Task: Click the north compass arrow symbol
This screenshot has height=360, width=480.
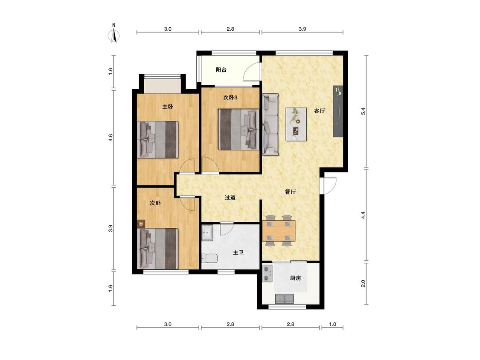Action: pyautogui.click(x=114, y=34)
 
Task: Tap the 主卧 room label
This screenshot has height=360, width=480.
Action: pyautogui.click(x=168, y=107)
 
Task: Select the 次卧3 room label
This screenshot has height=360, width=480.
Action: pyautogui.click(x=230, y=98)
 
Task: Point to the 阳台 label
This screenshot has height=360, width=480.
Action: pyautogui.click(x=221, y=70)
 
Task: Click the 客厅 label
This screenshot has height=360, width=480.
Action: pyautogui.click(x=319, y=111)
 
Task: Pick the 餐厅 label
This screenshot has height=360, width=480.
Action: pyautogui.click(x=290, y=192)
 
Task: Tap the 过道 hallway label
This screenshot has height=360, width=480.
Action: pyautogui.click(x=230, y=197)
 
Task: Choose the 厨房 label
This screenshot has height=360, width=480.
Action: pyautogui.click(x=295, y=278)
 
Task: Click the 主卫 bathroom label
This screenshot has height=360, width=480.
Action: pyautogui.click(x=239, y=253)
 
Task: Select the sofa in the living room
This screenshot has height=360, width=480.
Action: pyautogui.click(x=271, y=125)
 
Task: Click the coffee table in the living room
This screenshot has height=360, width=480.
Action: pyautogui.click(x=296, y=124)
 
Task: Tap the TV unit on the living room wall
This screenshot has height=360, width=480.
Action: pyautogui.click(x=338, y=111)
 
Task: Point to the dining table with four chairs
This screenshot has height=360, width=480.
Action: pyautogui.click(x=279, y=230)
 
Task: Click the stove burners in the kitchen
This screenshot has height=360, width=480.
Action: pyautogui.click(x=268, y=274)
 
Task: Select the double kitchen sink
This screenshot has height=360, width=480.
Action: pyautogui.click(x=285, y=299)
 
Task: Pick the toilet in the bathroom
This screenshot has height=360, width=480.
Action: pyautogui.click(x=209, y=258)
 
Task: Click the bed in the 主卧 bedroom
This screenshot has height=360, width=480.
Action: pyautogui.click(x=157, y=139)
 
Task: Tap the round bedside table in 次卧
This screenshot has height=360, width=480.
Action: pyautogui.click(x=141, y=224)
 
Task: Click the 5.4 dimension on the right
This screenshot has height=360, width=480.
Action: pyautogui.click(x=364, y=111)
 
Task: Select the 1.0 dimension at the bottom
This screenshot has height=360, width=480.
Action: pyautogui.click(x=332, y=324)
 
